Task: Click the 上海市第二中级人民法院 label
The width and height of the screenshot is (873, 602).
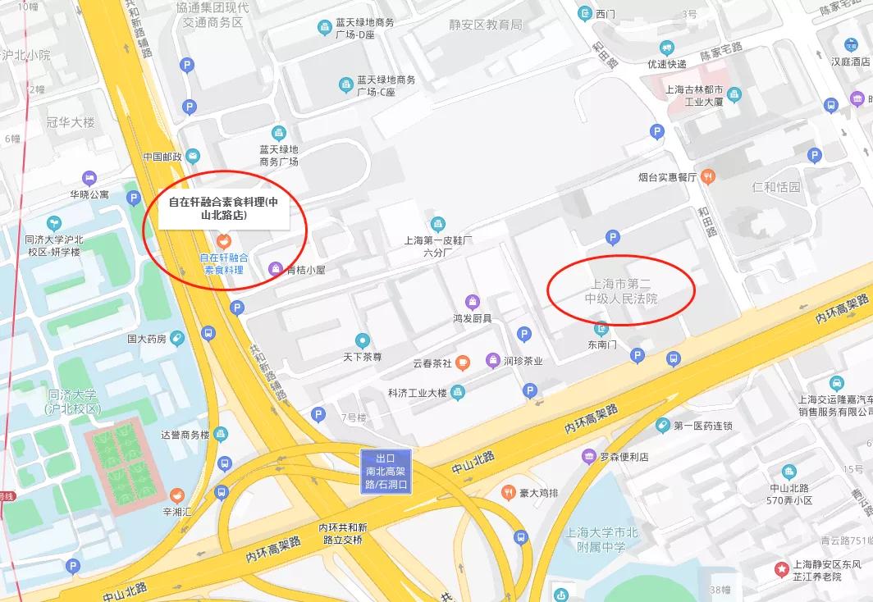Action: click(x=621, y=291)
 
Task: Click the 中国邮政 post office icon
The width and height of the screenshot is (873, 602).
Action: click(x=193, y=156)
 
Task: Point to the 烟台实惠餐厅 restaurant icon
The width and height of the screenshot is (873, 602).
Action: click(x=708, y=176)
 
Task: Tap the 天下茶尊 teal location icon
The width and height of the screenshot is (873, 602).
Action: click(x=362, y=340)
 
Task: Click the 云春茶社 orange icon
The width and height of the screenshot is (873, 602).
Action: click(x=463, y=361)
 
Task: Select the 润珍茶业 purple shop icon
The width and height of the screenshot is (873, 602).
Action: click(x=492, y=360)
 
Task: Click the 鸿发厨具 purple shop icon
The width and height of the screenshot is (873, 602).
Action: click(x=472, y=302)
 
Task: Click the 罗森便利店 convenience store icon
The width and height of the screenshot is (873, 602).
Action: click(x=588, y=456)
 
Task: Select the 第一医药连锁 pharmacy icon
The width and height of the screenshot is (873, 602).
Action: click(x=663, y=425)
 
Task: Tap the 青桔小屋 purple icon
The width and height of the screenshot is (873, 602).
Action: click(x=277, y=268)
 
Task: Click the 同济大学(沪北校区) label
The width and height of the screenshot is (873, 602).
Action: click(x=73, y=401)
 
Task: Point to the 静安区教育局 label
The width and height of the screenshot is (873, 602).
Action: click(x=485, y=25)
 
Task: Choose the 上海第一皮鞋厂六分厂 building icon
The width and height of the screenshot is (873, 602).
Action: click(x=438, y=223)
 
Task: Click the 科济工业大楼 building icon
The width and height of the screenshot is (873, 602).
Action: click(x=458, y=393)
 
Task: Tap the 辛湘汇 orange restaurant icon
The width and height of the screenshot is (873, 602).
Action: click(x=176, y=496)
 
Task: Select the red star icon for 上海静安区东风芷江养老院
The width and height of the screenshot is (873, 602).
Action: click(x=781, y=568)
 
